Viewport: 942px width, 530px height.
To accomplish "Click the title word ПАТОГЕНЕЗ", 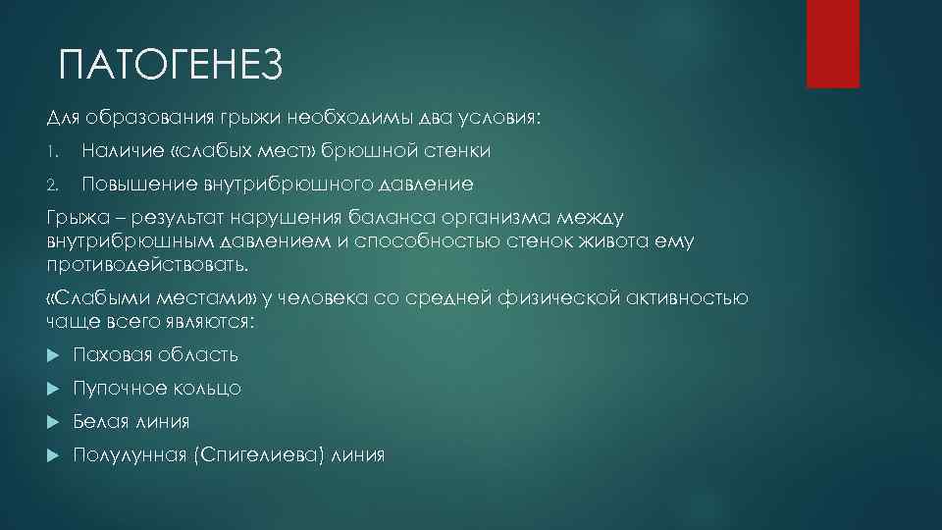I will [x=170, y=66].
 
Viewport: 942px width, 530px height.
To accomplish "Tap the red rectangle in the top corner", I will [x=832, y=43].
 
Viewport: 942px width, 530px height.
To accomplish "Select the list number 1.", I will [x=52, y=151].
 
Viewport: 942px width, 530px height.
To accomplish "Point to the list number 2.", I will [x=53, y=184].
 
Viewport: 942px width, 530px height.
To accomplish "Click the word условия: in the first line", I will [x=499, y=118].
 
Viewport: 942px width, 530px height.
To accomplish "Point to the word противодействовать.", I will [x=147, y=264].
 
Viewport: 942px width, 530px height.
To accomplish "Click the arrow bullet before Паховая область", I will [x=53, y=355].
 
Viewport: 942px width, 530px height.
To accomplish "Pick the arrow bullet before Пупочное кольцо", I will [x=53, y=389].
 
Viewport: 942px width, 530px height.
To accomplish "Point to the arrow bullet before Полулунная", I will [x=53, y=455].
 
